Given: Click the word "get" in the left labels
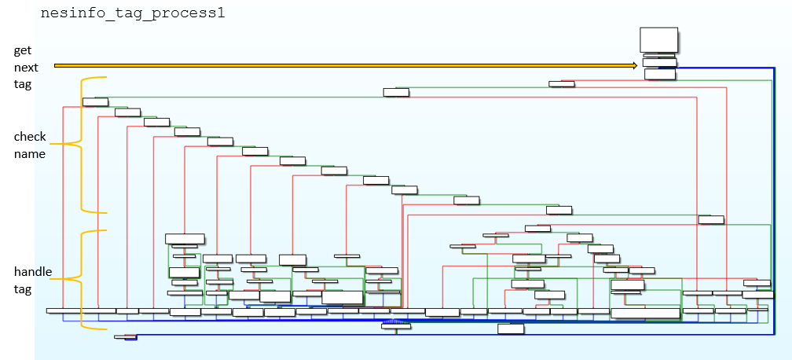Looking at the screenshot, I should pos(22,50).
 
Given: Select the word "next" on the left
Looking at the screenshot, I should pos(25,68).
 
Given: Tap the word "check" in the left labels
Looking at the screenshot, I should pos(30,137).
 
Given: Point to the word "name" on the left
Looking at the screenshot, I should pos(29,154).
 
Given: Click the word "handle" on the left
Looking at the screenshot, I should pos(33,271).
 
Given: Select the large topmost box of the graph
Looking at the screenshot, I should pos(658,39).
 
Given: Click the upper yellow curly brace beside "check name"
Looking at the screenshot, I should pos(82,144).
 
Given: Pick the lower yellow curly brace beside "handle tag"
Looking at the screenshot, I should pos(82,279).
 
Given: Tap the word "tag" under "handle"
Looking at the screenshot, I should pos(22,288).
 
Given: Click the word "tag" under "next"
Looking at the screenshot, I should pos(22,85).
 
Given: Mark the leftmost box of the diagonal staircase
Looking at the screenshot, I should pos(95,101).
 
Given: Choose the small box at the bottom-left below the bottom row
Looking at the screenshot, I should pos(125,336).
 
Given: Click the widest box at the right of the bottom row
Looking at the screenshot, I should pos(645,313).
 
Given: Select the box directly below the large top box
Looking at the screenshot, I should pos(659,62).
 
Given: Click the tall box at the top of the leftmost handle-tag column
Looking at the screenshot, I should pos(185,238).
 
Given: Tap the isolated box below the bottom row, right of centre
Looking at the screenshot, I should pos(511,329).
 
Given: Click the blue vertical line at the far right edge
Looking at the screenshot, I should pos(775,197).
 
